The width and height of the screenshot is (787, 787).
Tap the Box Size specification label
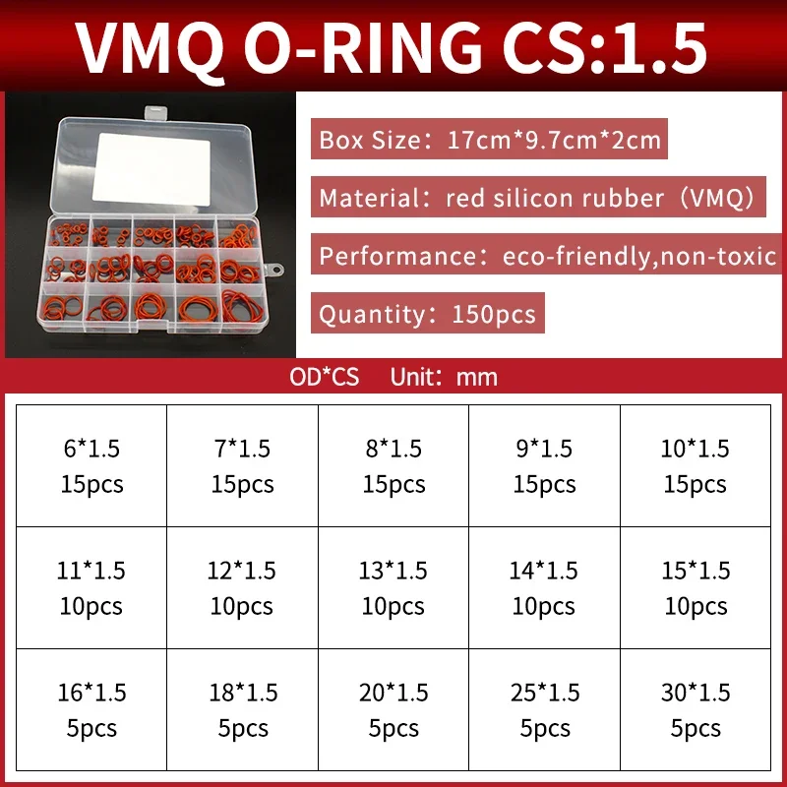(490, 140)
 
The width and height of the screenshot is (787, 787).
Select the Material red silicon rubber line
(537, 198)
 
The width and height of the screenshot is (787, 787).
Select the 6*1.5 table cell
(91, 465)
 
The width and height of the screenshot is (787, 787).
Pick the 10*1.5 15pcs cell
(696, 465)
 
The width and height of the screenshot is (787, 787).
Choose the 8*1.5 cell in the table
(393, 465)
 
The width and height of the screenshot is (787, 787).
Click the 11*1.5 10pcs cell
(91, 587)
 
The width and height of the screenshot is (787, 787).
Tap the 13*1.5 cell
(393, 587)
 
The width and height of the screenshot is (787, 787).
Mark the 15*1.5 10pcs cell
(696, 587)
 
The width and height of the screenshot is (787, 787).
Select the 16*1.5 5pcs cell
(91, 709)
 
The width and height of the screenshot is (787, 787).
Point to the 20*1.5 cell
(393, 709)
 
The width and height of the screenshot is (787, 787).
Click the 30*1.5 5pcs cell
(696, 709)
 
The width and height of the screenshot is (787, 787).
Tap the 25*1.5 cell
(544, 709)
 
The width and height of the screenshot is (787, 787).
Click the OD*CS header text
(325, 377)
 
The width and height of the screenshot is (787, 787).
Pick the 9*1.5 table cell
(544, 465)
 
